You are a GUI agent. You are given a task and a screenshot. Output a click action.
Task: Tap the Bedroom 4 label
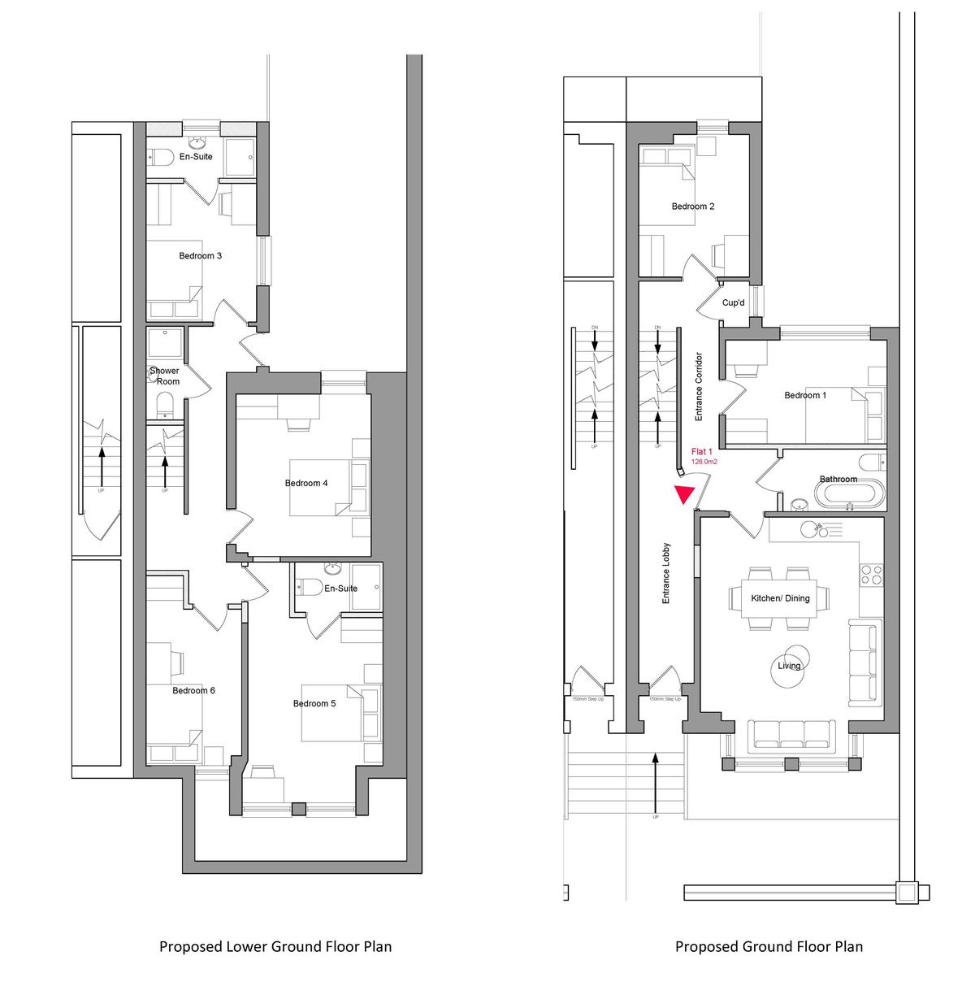coord(306,484)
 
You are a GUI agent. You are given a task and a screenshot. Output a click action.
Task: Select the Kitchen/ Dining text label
coord(780,599)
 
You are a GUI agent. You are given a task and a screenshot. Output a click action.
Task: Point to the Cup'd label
coord(733,303)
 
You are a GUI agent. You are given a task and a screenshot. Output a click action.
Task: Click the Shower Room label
coord(165,376)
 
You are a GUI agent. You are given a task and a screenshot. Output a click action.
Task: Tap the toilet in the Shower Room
coord(165,402)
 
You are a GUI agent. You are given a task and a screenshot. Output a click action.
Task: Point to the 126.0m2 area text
coord(703,462)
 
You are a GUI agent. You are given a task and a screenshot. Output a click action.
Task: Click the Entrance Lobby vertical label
coord(665,573)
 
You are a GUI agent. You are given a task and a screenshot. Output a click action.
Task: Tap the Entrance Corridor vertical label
coord(698,386)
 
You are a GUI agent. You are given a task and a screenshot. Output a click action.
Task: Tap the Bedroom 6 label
coord(193,691)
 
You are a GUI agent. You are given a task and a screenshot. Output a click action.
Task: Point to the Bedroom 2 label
coord(693,206)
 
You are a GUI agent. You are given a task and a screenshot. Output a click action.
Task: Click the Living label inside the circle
coord(789,666)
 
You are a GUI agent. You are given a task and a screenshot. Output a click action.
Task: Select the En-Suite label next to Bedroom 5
coord(341,589)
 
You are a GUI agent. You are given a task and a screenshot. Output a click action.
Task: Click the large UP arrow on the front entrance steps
coord(656,780)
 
